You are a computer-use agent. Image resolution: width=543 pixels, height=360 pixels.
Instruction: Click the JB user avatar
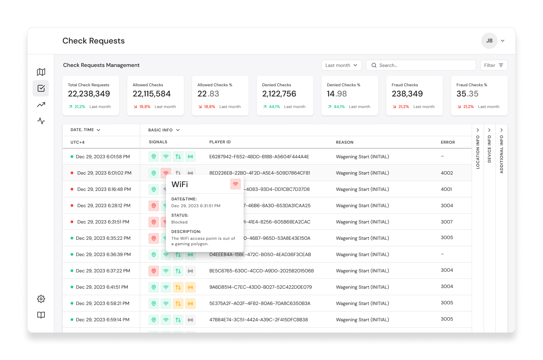coord(489,41)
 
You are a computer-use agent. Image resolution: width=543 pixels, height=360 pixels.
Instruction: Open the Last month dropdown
coord(341,65)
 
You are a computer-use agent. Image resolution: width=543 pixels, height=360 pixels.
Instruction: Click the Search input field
coord(421,65)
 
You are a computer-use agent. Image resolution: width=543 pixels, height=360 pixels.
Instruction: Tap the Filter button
coord(494,65)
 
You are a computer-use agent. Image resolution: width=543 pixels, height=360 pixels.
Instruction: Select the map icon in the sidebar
coord(41,72)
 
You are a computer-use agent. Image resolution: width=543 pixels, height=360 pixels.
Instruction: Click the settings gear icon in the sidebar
coord(41,299)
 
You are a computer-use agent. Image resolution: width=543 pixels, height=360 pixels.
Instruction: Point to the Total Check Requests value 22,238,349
coord(89,94)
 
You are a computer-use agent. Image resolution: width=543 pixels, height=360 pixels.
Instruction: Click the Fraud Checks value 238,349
coord(407,94)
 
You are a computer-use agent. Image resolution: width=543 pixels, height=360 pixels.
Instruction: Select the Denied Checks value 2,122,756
coord(279,94)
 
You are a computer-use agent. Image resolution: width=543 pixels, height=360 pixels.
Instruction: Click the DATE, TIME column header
coord(85,130)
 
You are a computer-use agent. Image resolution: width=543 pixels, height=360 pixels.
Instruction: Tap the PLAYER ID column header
coord(220,142)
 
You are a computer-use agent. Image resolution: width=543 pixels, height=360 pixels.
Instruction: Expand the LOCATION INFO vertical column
coord(478,130)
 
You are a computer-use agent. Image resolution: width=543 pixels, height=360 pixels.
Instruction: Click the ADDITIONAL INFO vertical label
coord(502,154)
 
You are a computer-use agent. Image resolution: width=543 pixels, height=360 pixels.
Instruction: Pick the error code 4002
coord(447,173)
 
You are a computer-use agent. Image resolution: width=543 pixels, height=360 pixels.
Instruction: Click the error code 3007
coord(447,222)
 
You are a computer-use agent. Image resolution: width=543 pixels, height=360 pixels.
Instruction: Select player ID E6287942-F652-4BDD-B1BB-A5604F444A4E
coord(259,157)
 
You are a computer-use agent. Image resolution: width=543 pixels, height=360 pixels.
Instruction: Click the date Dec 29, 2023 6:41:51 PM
coord(102,287)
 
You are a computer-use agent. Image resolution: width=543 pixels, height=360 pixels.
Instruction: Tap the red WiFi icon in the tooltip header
coord(236,184)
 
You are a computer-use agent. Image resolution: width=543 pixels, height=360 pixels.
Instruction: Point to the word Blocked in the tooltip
coord(180,222)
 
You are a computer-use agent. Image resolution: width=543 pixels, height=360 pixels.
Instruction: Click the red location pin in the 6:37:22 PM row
coord(154,271)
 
